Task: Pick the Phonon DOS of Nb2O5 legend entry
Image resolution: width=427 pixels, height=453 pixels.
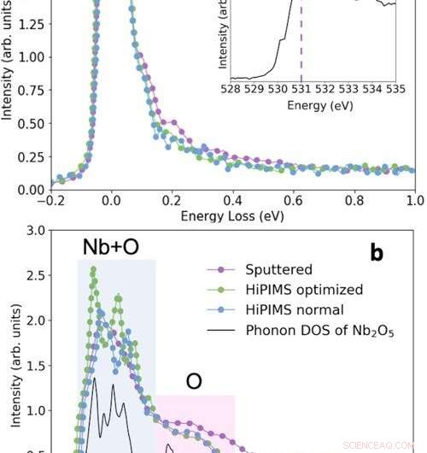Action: [306, 330]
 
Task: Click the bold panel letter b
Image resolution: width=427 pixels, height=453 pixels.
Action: [377, 253]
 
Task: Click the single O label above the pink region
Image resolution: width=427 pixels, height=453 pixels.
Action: [194, 380]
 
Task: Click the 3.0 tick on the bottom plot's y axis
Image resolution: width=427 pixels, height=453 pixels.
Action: [34, 231]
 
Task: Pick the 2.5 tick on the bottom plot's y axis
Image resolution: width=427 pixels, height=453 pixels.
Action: [34, 275]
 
